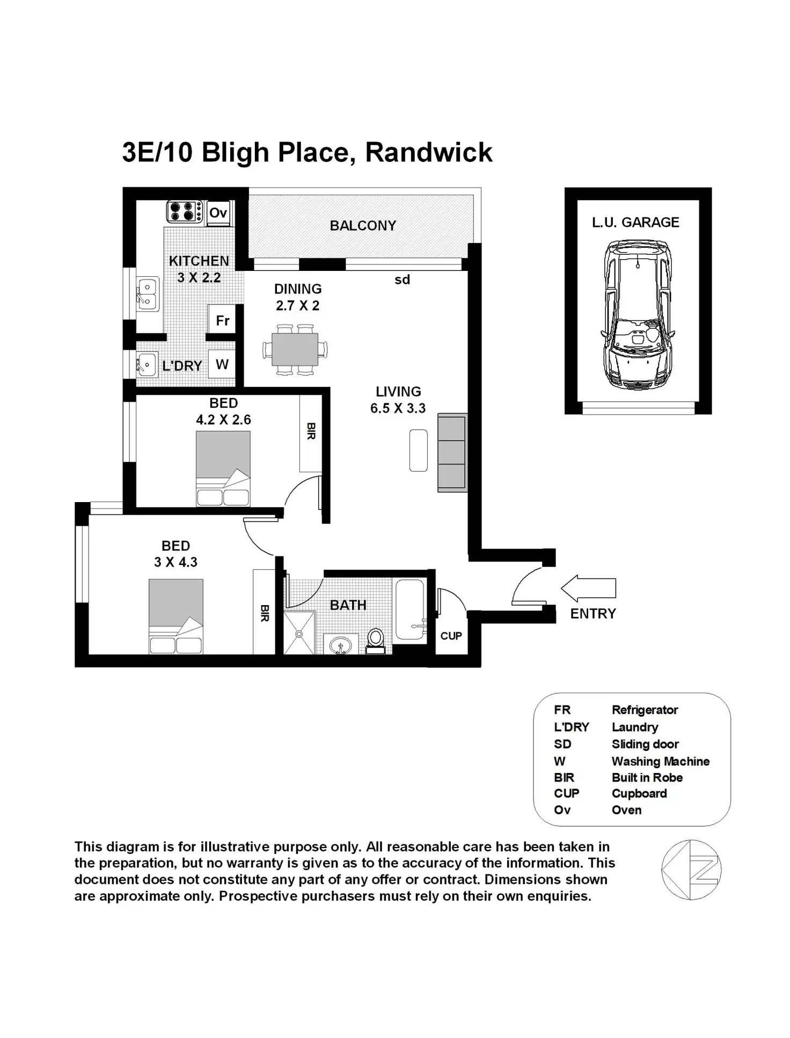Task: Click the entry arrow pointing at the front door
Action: (589, 588)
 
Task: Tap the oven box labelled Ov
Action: (218, 213)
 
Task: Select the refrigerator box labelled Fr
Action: (222, 321)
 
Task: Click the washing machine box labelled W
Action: (222, 365)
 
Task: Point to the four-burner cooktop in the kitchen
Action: (184, 211)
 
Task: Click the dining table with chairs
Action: (295, 350)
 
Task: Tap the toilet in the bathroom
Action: (376, 641)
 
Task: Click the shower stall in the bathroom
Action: (299, 633)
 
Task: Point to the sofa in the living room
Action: (452, 452)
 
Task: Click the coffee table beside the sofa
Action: (418, 451)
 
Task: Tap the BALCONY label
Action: (363, 226)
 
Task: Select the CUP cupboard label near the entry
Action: (451, 636)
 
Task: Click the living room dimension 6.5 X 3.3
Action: (398, 408)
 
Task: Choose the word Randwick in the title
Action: (428, 152)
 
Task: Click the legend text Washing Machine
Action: (660, 761)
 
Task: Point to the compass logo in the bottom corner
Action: (691, 870)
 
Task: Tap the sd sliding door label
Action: (402, 279)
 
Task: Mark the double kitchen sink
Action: (147, 294)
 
